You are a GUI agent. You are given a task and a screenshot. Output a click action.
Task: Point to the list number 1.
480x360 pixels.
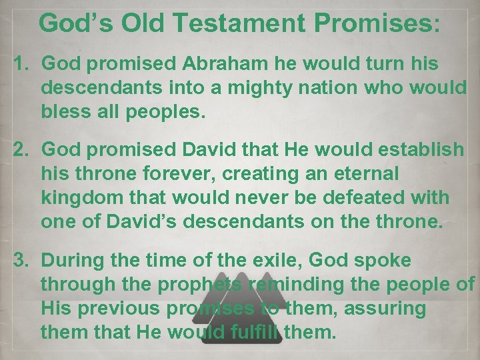pos(23,64)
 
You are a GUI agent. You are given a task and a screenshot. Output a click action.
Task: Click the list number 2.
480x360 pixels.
pos(23,150)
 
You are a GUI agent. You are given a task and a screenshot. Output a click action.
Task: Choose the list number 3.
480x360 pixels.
pos(23,261)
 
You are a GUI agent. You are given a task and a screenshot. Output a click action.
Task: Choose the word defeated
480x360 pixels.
pos(371,197)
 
